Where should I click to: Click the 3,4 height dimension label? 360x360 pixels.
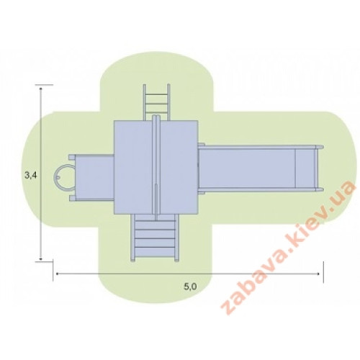pos(31,175)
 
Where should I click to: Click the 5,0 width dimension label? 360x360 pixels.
pos(191,287)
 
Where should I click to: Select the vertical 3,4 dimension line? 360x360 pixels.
pos(41,174)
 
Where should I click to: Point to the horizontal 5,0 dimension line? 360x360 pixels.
pos(187,274)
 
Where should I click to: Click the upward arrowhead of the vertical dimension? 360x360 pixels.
pos(41,89)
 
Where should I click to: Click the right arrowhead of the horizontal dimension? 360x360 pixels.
pos(318,274)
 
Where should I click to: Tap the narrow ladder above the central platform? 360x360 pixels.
pos(156,102)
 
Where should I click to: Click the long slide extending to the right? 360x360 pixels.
pos(261,168)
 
